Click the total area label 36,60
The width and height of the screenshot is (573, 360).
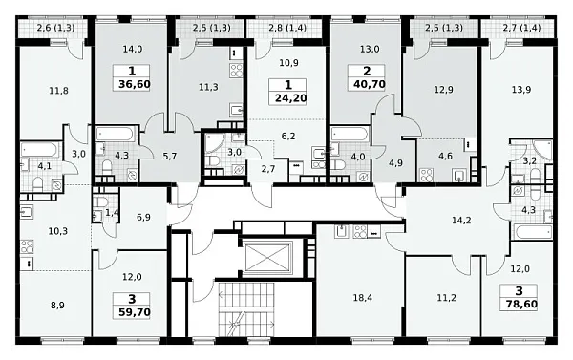[135, 85]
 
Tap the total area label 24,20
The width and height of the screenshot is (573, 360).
[291, 98]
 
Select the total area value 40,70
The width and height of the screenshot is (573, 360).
[370, 84]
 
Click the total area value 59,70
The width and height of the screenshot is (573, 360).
[135, 312]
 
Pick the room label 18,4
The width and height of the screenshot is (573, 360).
[363, 298]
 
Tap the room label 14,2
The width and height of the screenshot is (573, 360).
[461, 221]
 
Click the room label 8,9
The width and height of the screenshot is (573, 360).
[57, 306]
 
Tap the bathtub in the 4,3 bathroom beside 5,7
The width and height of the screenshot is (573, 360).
[116, 134]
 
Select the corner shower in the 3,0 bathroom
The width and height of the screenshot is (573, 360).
[214, 143]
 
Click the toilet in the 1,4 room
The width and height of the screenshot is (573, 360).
[100, 201]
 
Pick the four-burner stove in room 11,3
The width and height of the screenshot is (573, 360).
[236, 70]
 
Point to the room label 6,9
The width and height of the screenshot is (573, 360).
[143, 218]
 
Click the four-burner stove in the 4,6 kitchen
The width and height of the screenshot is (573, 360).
[426, 175]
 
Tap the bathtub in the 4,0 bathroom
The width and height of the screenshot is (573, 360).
[350, 134]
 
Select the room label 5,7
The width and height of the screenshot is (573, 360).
[170, 157]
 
